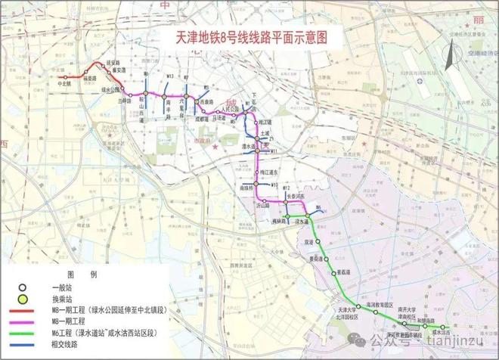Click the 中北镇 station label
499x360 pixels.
click(64, 84)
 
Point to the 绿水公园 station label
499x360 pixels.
click(104, 86)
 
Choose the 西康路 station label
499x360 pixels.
click(206, 101)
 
